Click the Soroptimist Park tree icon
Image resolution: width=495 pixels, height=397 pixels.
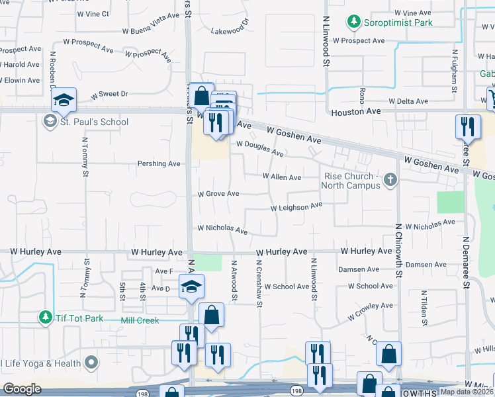click(x=354, y=22)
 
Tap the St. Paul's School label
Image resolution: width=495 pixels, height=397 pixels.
click(x=94, y=122)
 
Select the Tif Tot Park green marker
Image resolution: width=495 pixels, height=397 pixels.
click(x=45, y=318)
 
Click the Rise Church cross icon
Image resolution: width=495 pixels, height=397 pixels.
click(x=390, y=179)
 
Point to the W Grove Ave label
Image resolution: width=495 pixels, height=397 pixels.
click(x=218, y=194)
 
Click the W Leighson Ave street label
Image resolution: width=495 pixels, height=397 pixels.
click(x=296, y=207)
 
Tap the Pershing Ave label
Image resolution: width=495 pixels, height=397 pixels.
click(x=159, y=163)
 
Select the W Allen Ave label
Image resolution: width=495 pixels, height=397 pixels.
click(x=282, y=177)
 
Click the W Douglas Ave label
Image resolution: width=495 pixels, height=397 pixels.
click(x=260, y=148)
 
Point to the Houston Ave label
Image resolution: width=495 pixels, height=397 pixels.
click(x=357, y=112)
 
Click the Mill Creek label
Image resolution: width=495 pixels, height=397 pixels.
click(x=141, y=320)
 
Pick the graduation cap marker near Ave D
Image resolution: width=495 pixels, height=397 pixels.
click(x=192, y=286)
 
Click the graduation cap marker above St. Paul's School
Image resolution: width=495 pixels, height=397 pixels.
click(x=64, y=100)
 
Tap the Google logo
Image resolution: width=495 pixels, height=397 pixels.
click(x=22, y=389)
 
